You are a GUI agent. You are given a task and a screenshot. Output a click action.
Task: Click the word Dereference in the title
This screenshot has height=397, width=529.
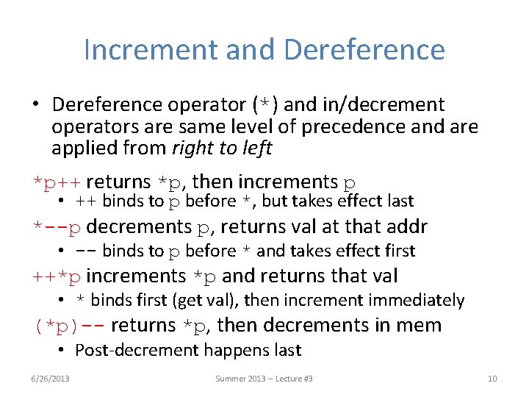tap(364, 50)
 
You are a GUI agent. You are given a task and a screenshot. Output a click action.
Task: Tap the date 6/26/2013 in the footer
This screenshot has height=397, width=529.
tap(51, 378)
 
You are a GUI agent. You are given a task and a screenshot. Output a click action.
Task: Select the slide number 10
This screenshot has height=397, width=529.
tap(492, 378)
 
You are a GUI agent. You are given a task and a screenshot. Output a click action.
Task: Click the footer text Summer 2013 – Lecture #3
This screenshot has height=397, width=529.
tap(264, 378)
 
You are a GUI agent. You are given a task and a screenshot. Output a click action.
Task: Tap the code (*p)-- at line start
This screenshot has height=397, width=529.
tap(68, 325)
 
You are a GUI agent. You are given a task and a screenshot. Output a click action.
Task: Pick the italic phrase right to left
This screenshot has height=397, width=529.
tap(221, 148)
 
